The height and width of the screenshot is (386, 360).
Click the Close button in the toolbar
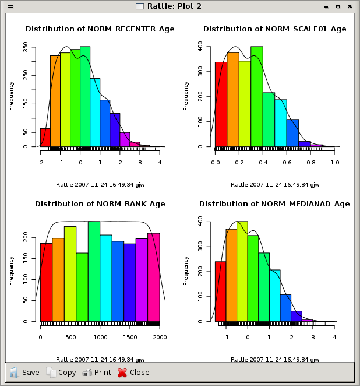(x=133, y=372)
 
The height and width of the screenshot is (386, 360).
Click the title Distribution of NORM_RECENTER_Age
(x=100, y=29)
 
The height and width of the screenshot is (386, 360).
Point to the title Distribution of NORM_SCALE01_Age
(x=274, y=29)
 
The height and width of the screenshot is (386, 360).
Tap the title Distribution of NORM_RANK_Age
(x=100, y=204)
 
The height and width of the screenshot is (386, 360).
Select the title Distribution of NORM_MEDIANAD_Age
(x=274, y=204)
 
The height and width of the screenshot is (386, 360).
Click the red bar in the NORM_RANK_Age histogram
(x=46, y=282)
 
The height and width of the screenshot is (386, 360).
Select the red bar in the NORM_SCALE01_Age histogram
(x=221, y=104)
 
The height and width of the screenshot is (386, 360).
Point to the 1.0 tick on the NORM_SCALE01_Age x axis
(x=334, y=162)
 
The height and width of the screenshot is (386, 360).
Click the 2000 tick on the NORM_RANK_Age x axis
(x=160, y=337)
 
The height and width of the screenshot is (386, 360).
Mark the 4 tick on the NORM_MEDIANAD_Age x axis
(x=334, y=337)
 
